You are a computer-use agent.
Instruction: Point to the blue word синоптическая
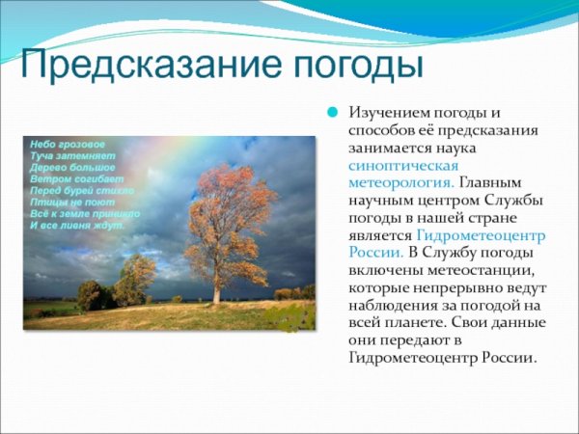coord(398,165)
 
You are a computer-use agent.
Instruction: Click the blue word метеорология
coord(401,182)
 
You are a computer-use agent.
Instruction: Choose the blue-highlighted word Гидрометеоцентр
coord(481,234)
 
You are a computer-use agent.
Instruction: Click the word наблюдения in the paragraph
coord(391,304)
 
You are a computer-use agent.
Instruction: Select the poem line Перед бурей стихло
coord(81,191)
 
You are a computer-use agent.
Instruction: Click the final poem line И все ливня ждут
coord(77,226)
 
